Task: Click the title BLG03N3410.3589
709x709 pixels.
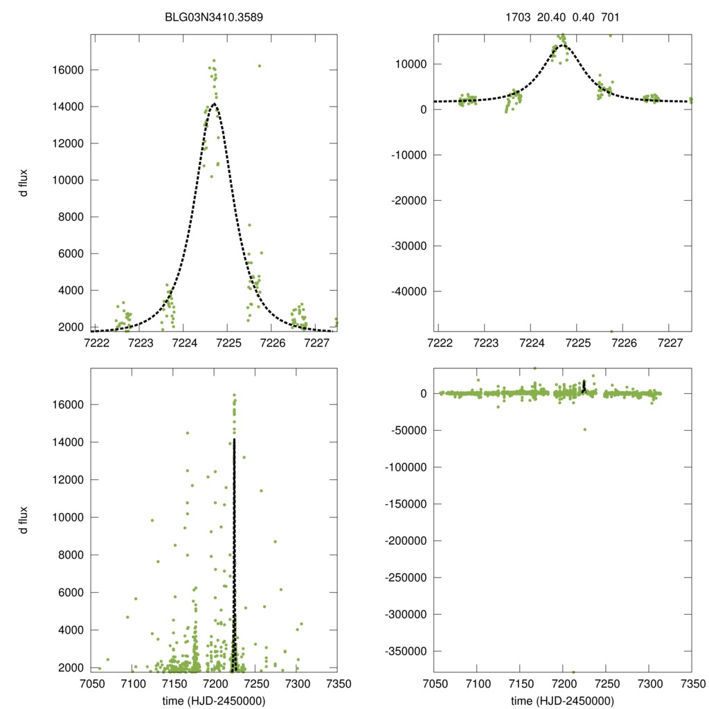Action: tap(214, 17)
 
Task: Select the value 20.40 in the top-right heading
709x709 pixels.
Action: tap(551, 17)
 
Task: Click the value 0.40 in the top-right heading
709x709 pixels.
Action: tap(583, 17)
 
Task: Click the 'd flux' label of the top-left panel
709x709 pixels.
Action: tap(24, 183)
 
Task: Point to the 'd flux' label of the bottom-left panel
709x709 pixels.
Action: tap(24, 520)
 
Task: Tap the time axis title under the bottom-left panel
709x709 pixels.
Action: tap(214, 701)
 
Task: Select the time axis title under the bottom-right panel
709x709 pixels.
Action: tap(563, 701)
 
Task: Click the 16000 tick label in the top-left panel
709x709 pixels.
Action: tap(69, 70)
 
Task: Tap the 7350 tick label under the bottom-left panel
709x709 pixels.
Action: tap(338, 684)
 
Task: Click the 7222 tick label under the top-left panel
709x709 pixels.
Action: tap(96, 343)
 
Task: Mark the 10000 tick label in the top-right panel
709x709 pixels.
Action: tap(413, 64)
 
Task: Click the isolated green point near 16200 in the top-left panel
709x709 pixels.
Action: tap(260, 66)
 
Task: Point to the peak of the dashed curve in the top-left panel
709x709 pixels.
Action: tap(215, 104)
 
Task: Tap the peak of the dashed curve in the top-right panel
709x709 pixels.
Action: tap(561, 45)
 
